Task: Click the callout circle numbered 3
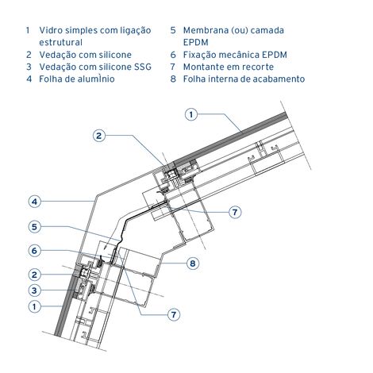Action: [x=34, y=290]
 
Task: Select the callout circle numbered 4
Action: [x=35, y=202]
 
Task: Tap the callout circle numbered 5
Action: [x=34, y=227]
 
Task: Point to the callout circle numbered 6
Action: [x=34, y=251]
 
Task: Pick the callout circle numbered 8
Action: [x=193, y=263]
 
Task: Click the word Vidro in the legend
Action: [x=51, y=30]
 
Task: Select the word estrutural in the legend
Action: [x=60, y=42]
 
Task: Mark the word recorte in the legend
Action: [x=258, y=67]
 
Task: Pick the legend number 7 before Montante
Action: [x=173, y=67]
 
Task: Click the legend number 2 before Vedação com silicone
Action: [x=29, y=55]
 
